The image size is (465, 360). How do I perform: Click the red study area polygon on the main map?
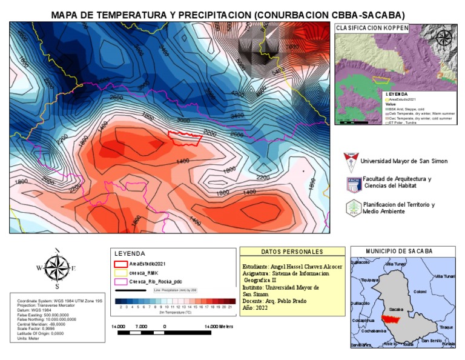tap(185, 138)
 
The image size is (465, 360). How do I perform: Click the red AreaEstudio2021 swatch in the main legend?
tap(120, 264)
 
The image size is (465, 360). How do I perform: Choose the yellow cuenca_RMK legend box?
tap(120, 273)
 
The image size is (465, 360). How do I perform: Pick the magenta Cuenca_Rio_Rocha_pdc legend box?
tap(120, 282)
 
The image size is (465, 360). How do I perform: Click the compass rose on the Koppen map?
tap(444, 38)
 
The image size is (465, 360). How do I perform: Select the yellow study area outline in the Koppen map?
tap(380, 79)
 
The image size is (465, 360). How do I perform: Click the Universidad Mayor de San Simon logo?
tap(350, 162)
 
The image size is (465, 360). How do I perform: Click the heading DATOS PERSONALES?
tap(292, 252)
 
